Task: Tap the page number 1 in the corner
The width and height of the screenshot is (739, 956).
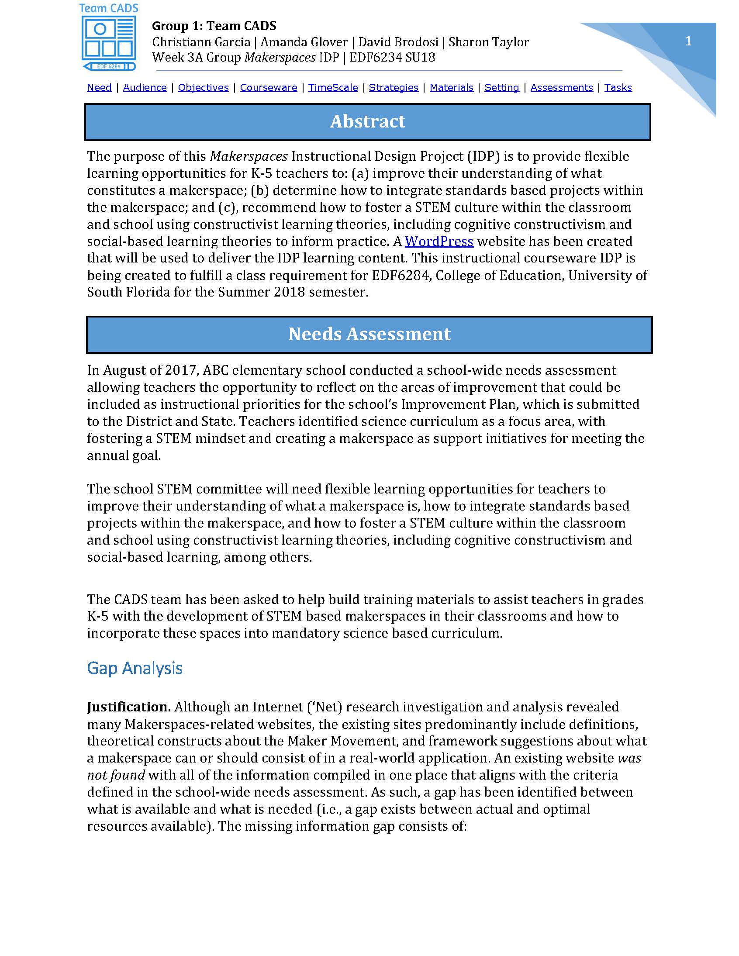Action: tap(688, 41)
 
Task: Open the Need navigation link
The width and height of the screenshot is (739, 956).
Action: tap(99, 87)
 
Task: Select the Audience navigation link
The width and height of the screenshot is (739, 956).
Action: tap(145, 87)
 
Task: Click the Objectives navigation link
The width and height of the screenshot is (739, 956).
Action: tap(203, 87)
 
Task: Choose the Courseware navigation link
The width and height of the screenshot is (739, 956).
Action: tap(268, 87)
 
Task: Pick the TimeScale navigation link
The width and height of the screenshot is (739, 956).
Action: tap(333, 87)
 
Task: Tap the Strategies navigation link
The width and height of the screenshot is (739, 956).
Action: tap(394, 87)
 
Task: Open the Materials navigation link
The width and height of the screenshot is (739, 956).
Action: tap(451, 87)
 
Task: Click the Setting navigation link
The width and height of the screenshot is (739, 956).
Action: tap(502, 87)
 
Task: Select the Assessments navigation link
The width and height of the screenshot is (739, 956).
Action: tap(562, 87)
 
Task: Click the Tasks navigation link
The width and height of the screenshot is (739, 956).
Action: tap(618, 87)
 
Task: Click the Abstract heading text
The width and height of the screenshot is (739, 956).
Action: tap(367, 122)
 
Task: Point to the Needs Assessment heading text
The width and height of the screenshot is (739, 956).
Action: tap(369, 334)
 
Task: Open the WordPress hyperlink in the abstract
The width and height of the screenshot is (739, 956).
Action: tap(439, 242)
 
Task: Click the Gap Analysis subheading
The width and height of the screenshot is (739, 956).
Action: tap(135, 668)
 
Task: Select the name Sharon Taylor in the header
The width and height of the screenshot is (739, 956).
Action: tap(489, 42)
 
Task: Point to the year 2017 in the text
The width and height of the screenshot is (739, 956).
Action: tap(180, 370)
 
